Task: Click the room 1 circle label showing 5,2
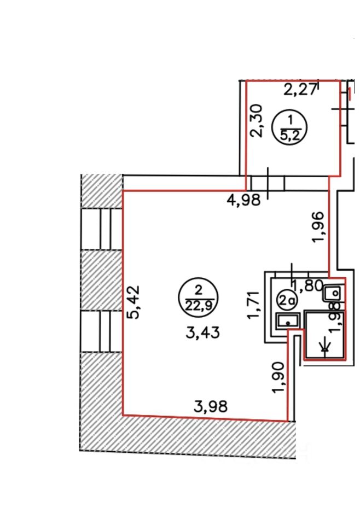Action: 291,127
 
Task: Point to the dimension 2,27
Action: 300,89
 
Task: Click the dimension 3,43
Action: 202,332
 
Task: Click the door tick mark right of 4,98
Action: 268,184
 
